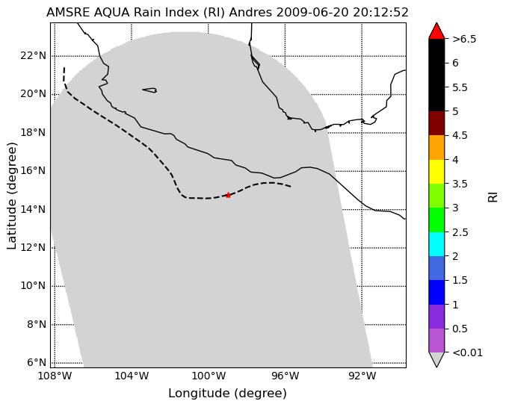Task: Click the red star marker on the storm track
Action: coord(228,195)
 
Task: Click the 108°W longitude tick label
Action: coord(55,376)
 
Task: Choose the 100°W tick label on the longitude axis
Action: coord(208,376)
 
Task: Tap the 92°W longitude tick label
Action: coord(362,376)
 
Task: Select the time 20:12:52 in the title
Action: coord(380,13)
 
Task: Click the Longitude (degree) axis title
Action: coord(227,394)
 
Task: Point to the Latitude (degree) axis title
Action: coord(11,196)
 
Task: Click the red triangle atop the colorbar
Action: coord(436,31)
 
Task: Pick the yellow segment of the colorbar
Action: coord(436,172)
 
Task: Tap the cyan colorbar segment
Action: coord(436,244)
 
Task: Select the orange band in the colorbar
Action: coord(436,147)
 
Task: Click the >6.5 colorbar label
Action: coord(464,39)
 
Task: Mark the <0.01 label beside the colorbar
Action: coord(468,352)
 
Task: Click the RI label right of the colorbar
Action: coord(493,196)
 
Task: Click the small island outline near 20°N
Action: coord(149,90)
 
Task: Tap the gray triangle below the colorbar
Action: coord(436,358)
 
